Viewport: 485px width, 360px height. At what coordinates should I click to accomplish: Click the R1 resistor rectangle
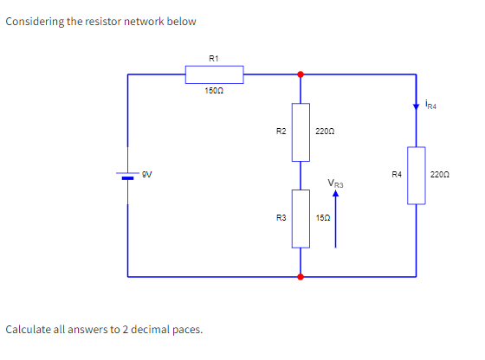pyautogui.click(x=214, y=74)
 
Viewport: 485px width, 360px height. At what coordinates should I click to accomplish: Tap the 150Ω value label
pyautogui.click(x=214, y=92)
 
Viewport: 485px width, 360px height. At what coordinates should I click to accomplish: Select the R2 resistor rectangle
pyautogui.click(x=301, y=132)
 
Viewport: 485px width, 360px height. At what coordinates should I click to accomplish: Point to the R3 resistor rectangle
pyautogui.click(x=301, y=220)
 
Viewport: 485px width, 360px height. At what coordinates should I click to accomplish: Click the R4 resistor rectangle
pyautogui.click(x=416, y=175)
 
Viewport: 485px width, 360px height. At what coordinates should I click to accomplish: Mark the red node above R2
pyautogui.click(x=301, y=74)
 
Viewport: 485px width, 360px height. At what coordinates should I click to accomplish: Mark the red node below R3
pyautogui.click(x=301, y=277)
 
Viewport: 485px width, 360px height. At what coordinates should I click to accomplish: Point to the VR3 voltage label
pyautogui.click(x=336, y=183)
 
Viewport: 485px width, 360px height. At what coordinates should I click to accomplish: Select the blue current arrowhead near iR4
pyautogui.click(x=416, y=106)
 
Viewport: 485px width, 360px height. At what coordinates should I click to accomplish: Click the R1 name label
pyautogui.click(x=214, y=58)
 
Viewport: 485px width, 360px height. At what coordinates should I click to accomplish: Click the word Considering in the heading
pyautogui.click(x=36, y=21)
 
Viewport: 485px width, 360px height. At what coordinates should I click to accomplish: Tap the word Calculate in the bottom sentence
pyautogui.click(x=29, y=330)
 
